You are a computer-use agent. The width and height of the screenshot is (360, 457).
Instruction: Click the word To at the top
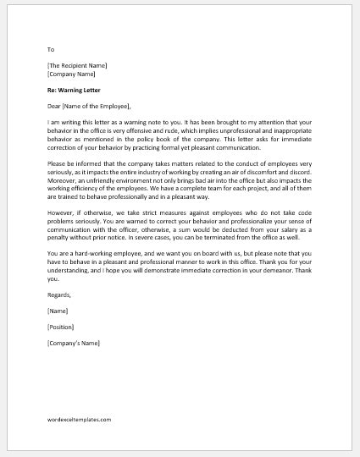[x=52, y=50]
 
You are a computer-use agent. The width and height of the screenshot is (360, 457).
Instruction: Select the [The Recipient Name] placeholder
[x=77, y=65]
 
